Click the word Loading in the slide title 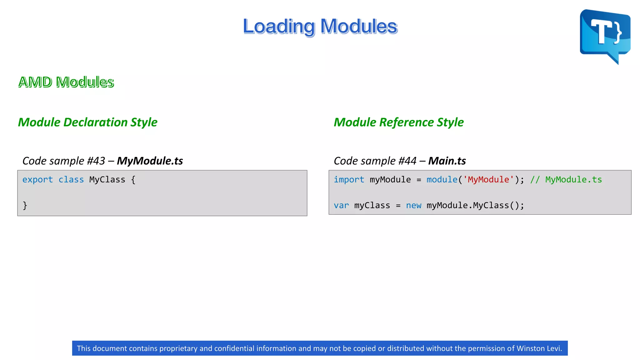point(279,27)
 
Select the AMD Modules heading point(66,82)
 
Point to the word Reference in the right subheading point(407,122)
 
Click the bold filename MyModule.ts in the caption point(150,161)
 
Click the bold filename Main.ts point(447,161)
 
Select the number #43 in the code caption point(96,161)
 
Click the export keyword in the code point(37,180)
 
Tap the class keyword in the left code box point(71,180)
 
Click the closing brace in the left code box point(25,205)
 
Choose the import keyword point(349,180)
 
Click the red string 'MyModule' point(488,180)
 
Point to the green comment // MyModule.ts point(566,180)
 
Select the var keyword point(341,206)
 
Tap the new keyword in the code point(413,206)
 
